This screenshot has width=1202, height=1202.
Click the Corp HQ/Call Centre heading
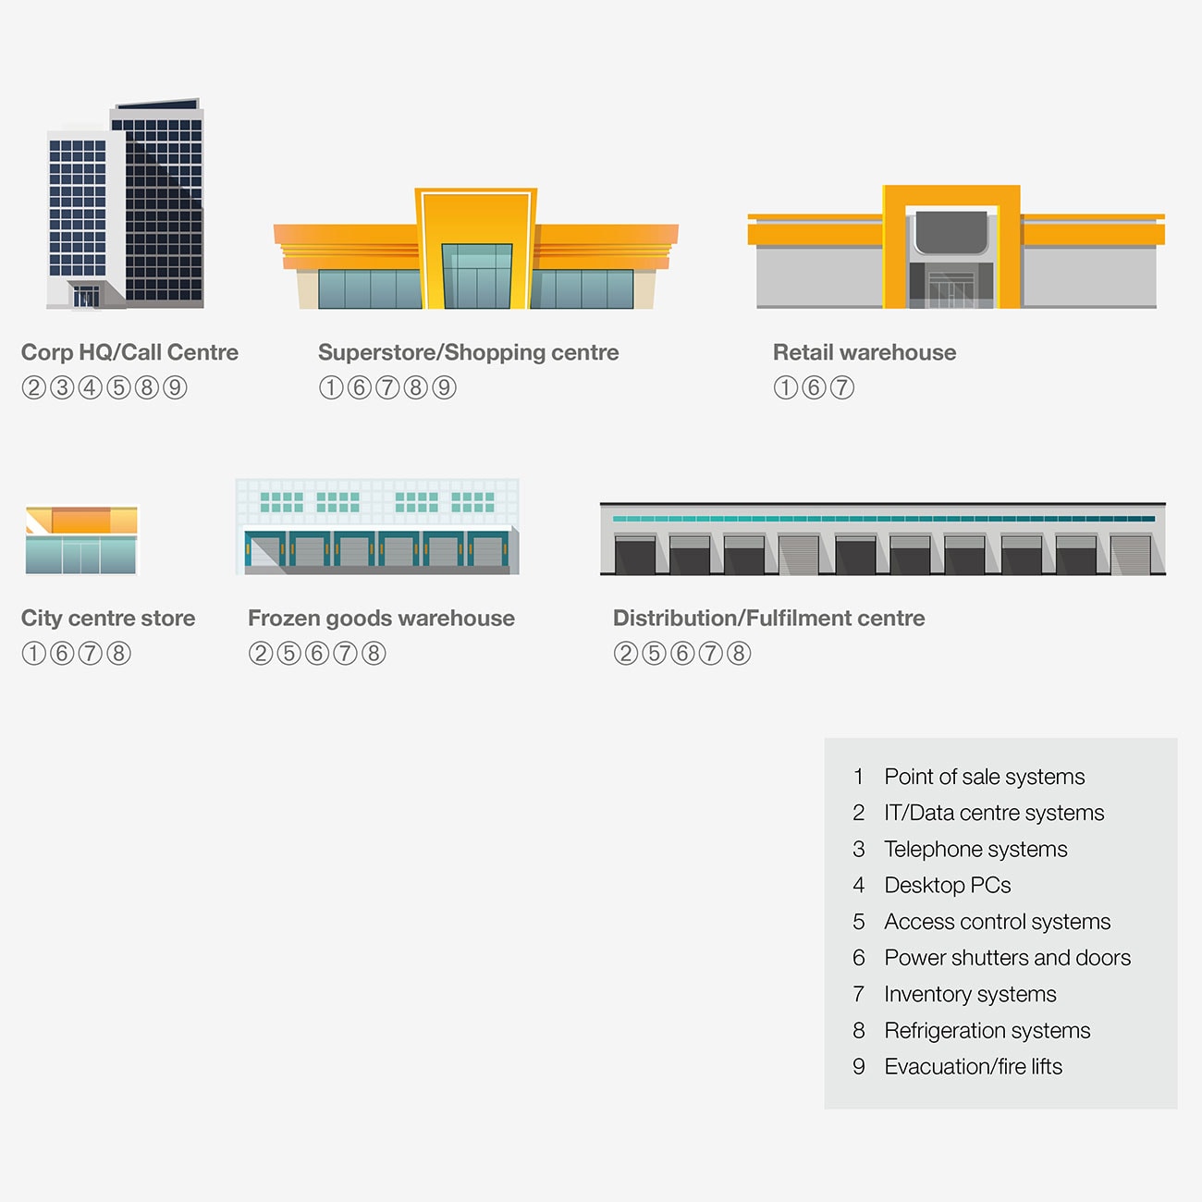[129, 352]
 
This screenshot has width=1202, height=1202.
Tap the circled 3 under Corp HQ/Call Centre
[62, 387]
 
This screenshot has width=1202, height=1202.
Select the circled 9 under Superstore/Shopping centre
[444, 387]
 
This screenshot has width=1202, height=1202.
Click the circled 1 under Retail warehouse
[785, 387]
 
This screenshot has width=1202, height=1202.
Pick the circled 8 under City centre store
[118, 653]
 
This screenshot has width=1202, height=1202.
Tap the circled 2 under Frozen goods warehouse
[261, 653]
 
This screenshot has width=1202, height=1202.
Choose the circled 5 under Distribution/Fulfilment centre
[654, 653]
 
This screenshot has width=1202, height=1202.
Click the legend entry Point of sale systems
[985, 777]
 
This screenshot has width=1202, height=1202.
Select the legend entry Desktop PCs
[948, 885]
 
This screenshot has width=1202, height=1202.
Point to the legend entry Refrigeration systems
[987, 1030]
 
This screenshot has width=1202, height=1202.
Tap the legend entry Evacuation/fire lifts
[973, 1067]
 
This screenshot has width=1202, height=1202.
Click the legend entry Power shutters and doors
[1008, 958]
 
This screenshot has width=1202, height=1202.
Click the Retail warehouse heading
[865, 352]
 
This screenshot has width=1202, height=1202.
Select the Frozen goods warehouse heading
[381, 619]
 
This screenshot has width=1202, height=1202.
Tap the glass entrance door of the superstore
[477, 276]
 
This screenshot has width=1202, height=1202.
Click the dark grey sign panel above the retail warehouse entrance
[951, 232]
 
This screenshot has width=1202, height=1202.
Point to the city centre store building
[81, 540]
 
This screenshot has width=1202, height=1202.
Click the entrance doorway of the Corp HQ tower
[86, 296]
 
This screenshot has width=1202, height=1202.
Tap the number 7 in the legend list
[859, 994]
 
